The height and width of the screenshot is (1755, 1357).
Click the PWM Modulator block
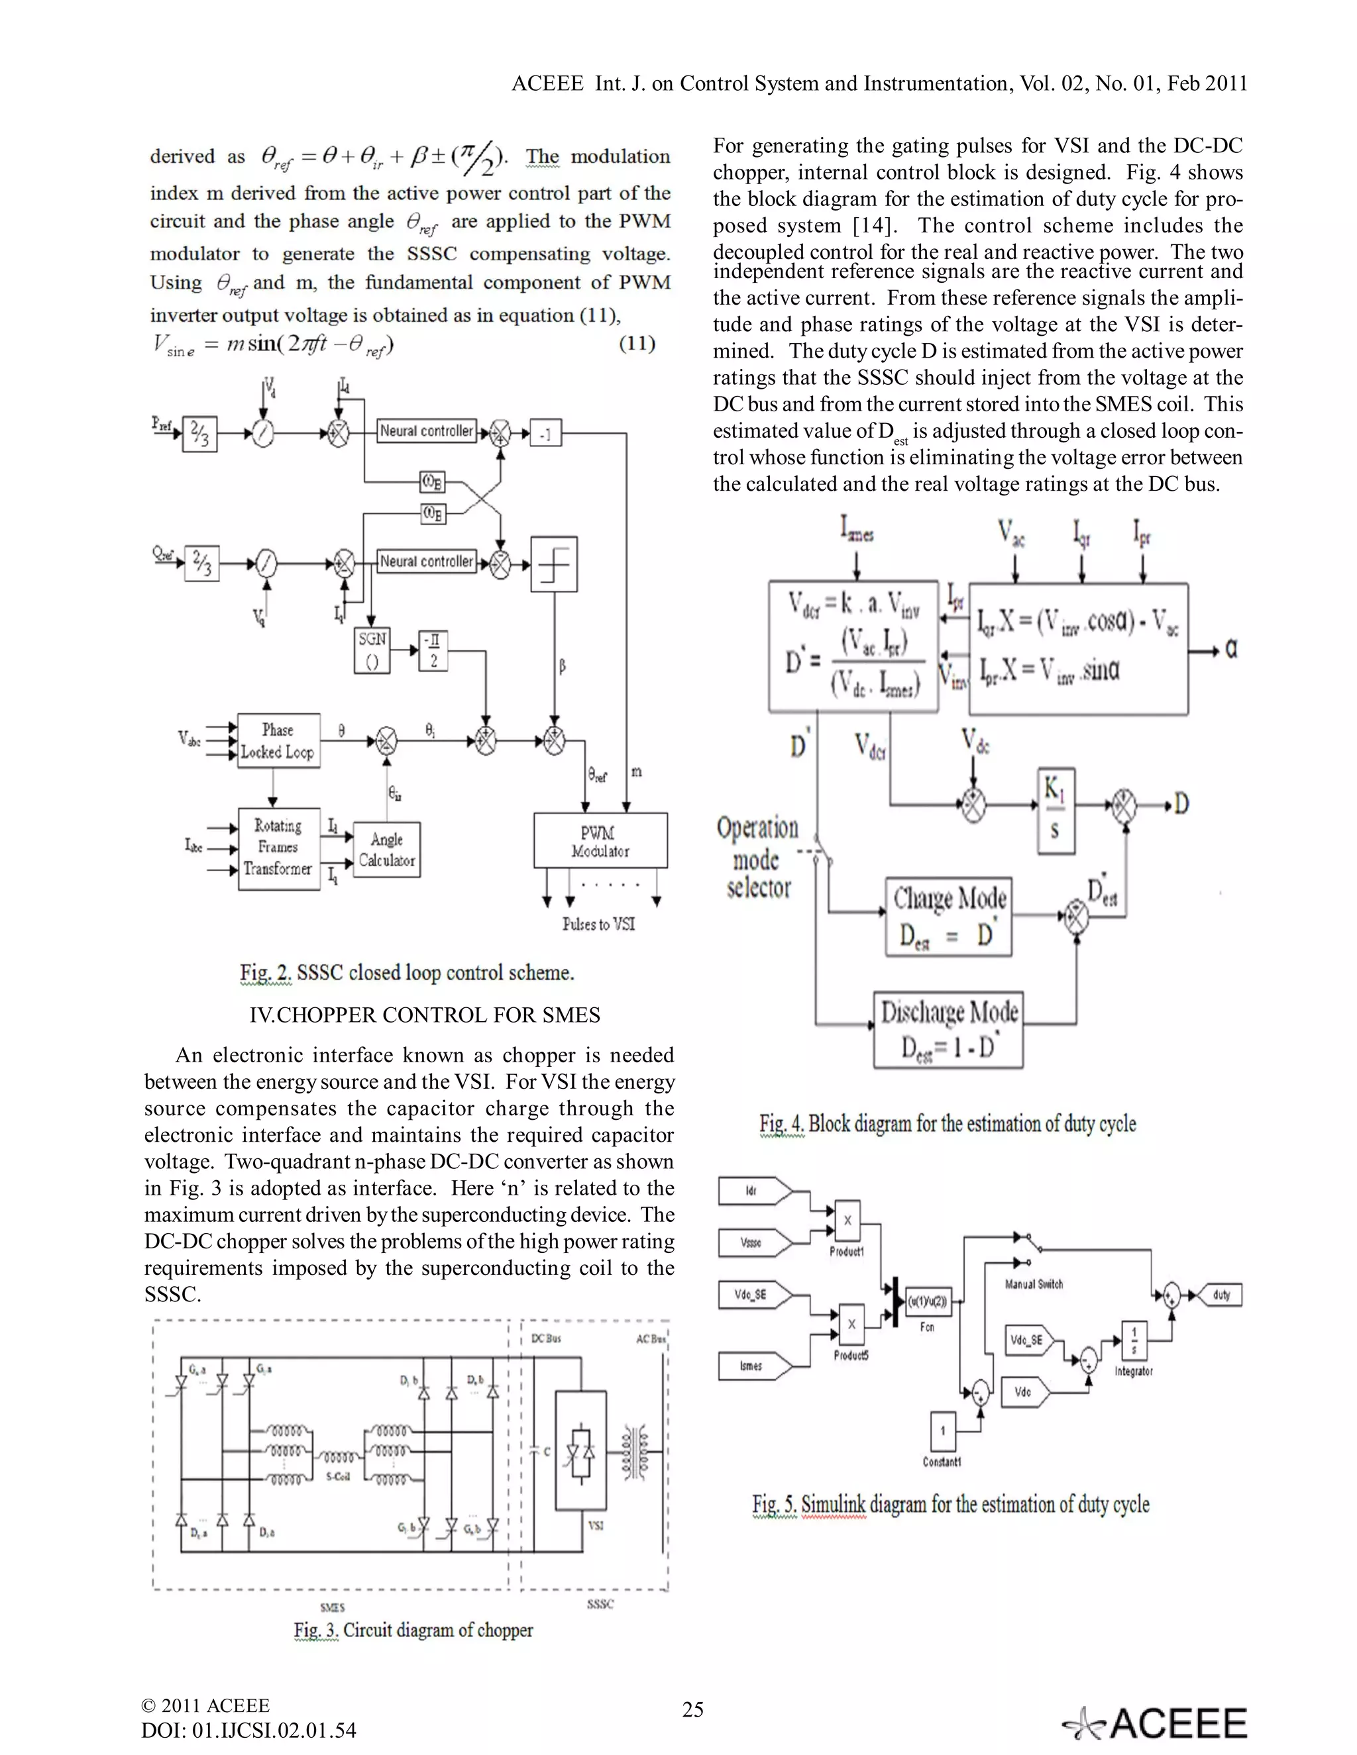pyautogui.click(x=600, y=840)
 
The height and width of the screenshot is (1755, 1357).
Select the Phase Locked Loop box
pyautogui.click(x=278, y=741)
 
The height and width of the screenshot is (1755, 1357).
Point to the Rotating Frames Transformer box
pyautogui.click(x=278, y=848)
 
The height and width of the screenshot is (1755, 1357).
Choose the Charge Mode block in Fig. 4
pyautogui.click(x=949, y=916)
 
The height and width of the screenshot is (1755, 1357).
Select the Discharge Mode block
pyautogui.click(x=949, y=1029)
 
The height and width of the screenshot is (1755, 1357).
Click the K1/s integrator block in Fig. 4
pyautogui.click(x=1054, y=810)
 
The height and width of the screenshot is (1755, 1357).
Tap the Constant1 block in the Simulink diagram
pyautogui.click(x=943, y=1430)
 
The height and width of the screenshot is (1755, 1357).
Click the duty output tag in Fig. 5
pyautogui.click(x=1220, y=1295)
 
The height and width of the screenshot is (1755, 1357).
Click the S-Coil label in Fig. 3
pyautogui.click(x=338, y=1477)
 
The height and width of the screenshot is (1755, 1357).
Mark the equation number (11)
pyautogui.click(x=637, y=344)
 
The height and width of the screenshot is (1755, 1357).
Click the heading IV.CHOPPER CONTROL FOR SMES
pyautogui.click(x=425, y=1015)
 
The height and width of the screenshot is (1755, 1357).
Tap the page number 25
pyautogui.click(x=692, y=1709)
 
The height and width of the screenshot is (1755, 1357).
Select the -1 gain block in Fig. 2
pyautogui.click(x=545, y=434)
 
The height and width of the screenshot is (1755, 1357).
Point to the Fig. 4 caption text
pyautogui.click(x=948, y=1123)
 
